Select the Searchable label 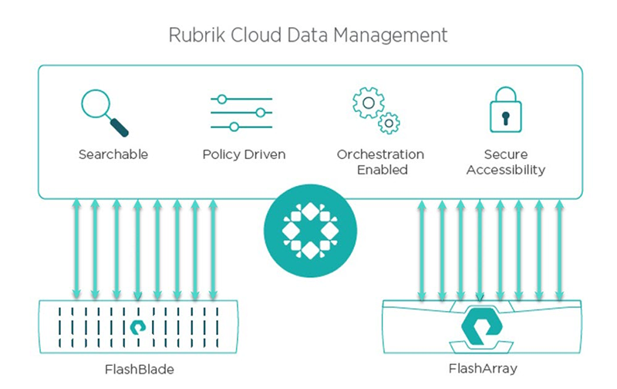point(113,154)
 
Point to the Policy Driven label point(244,154)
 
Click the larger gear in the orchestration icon point(368,103)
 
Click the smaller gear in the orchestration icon point(389,123)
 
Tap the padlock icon point(505,112)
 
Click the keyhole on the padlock point(505,118)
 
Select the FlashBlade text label point(139,369)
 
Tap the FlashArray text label point(481,369)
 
